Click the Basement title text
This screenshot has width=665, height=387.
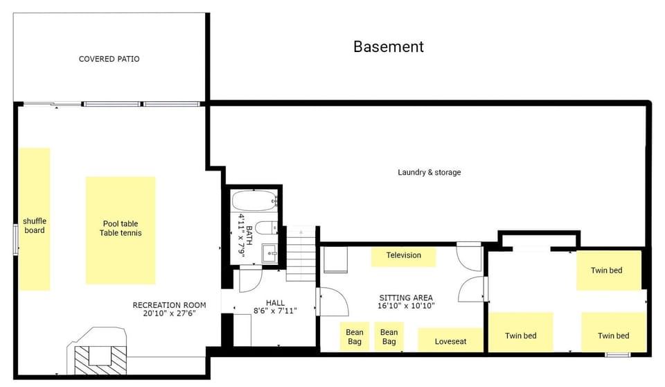(388, 46)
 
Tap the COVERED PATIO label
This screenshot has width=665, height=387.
(109, 59)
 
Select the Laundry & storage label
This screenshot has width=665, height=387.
(429, 172)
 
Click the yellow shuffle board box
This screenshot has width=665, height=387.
(34, 219)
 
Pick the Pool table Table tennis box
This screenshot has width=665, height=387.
(120, 230)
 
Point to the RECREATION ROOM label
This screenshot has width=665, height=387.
(169, 305)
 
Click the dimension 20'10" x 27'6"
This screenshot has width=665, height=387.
(170, 313)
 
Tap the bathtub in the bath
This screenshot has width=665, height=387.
(254, 202)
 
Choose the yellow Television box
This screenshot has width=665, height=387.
(403, 255)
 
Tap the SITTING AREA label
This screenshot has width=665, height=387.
(406, 297)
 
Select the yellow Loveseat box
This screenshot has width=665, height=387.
(450, 341)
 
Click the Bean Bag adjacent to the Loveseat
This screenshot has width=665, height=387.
(389, 337)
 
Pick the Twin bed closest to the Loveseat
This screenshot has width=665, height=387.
(520, 336)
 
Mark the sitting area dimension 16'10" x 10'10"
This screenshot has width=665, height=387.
(406, 305)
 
